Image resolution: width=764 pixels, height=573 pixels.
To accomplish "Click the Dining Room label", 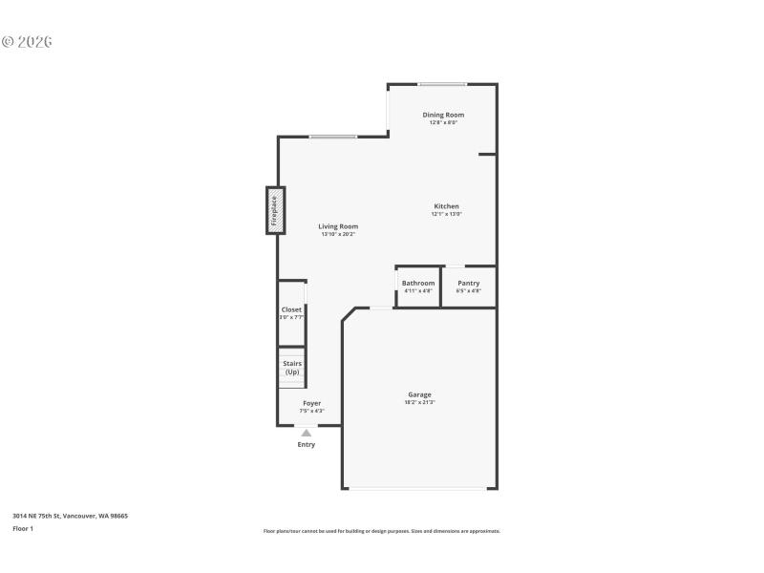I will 443,115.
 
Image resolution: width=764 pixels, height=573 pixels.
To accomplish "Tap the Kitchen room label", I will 446,206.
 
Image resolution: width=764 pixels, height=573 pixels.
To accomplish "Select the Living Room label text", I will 338,226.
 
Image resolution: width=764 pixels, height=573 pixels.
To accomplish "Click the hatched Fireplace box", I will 275,210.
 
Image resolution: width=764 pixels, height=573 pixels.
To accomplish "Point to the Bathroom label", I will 418,283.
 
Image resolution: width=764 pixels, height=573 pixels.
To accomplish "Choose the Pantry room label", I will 468,283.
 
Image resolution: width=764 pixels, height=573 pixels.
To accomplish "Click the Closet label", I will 291,309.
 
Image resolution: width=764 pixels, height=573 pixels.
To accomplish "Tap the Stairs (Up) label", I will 292,367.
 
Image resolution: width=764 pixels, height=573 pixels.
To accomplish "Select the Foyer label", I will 311,403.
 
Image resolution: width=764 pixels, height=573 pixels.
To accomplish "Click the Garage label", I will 419,394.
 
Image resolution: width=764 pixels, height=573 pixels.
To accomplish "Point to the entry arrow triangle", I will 306,433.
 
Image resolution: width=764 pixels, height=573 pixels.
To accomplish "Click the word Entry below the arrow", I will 306,444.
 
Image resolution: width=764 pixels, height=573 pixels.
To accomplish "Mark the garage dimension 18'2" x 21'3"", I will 419,403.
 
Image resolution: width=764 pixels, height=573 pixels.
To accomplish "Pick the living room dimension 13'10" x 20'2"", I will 338,234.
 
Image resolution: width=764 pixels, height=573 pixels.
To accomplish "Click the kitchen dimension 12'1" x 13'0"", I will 446,214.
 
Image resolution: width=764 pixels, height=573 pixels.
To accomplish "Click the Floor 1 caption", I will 23,528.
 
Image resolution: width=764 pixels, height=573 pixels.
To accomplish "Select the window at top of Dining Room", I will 442,84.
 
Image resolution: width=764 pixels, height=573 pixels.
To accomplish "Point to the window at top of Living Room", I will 332,137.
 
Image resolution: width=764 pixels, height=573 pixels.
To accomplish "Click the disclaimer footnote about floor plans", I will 381,531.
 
